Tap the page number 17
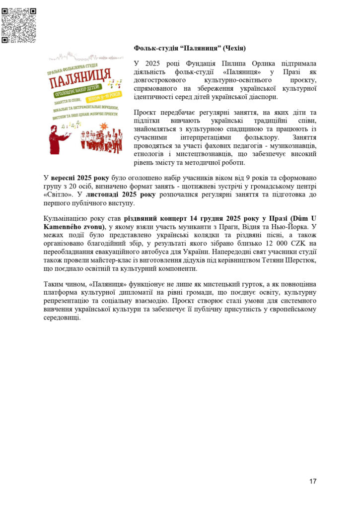pos(313,481)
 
